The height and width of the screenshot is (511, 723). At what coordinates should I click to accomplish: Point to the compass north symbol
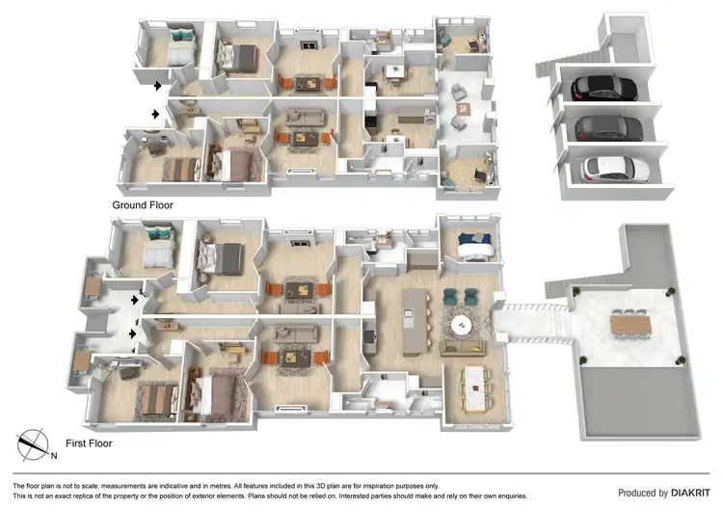(x=36, y=444)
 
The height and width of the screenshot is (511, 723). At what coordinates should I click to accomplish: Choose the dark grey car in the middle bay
(x=608, y=127)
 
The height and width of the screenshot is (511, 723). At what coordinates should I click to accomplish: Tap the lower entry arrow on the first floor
(x=133, y=334)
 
